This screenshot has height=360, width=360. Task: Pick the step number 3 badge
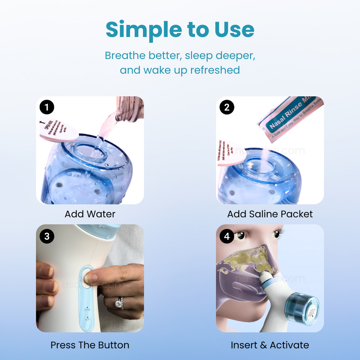click(47, 236)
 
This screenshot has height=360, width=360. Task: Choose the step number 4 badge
click(227, 236)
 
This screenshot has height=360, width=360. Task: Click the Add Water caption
click(90, 214)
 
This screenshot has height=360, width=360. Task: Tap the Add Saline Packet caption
click(270, 214)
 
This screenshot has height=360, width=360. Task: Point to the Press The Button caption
click(90, 345)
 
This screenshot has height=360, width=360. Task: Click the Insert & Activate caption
click(270, 345)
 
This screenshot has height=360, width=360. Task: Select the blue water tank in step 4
click(302, 308)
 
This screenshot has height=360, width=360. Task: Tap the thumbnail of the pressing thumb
click(92, 278)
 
